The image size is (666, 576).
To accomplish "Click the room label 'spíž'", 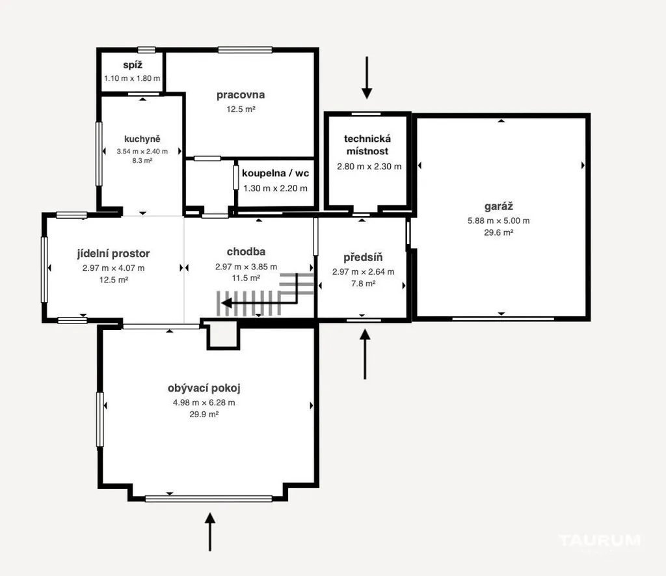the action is (133, 65).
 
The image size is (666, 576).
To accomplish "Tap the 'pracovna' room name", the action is (241, 95).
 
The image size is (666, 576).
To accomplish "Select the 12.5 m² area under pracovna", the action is (241, 109).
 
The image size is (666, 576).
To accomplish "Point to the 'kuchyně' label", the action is (142, 139).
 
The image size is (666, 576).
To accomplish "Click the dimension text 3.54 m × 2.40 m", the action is (142, 152).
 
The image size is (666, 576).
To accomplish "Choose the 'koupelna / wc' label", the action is (275, 173).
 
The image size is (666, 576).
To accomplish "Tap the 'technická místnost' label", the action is (367, 145).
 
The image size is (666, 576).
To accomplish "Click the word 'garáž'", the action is (499, 206).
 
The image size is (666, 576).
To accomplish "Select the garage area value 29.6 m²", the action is (499, 232).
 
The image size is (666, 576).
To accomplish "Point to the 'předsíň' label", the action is (363, 257).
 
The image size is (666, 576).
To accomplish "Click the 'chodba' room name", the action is (246, 252).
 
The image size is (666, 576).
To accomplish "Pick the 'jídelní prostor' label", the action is (113, 254).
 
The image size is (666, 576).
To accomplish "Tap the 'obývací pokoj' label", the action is (204, 388).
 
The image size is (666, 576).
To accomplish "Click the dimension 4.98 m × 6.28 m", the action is (204, 403).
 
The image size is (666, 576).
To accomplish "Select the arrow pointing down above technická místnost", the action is (367, 78).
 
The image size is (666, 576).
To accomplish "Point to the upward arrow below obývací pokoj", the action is (210, 532).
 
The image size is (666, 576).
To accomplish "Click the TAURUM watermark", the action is (600, 541).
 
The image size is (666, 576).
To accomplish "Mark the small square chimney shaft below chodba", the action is (224, 335).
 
